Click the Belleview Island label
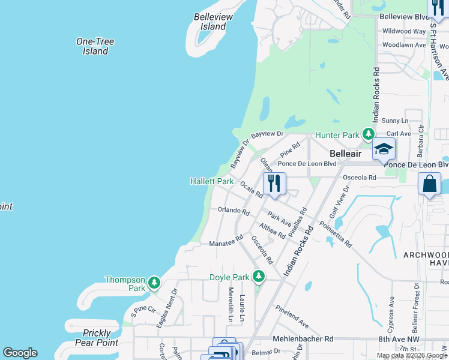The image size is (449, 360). click(209, 22)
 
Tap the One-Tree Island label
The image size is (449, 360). click(95, 46)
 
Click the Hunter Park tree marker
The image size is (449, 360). click(369, 134)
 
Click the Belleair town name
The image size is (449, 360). click(346, 154)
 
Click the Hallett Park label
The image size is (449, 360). click(212, 181)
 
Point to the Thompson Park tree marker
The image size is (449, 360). click(154, 281)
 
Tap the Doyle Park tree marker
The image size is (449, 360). click(259, 276)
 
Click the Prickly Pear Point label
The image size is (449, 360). click(97, 338)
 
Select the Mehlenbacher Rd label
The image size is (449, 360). click(303, 338)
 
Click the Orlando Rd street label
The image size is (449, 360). click(234, 211)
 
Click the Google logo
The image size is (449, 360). click(20, 353)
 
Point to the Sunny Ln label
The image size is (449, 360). click(394, 121)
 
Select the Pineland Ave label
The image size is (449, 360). click(292, 316)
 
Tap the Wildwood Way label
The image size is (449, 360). click(404, 31)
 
